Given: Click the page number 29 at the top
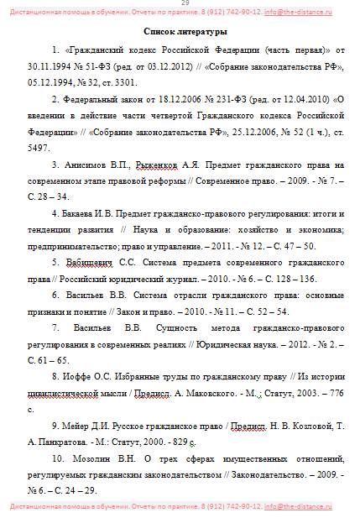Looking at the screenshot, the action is [184, 3].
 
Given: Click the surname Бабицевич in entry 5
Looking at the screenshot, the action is [93, 262].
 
